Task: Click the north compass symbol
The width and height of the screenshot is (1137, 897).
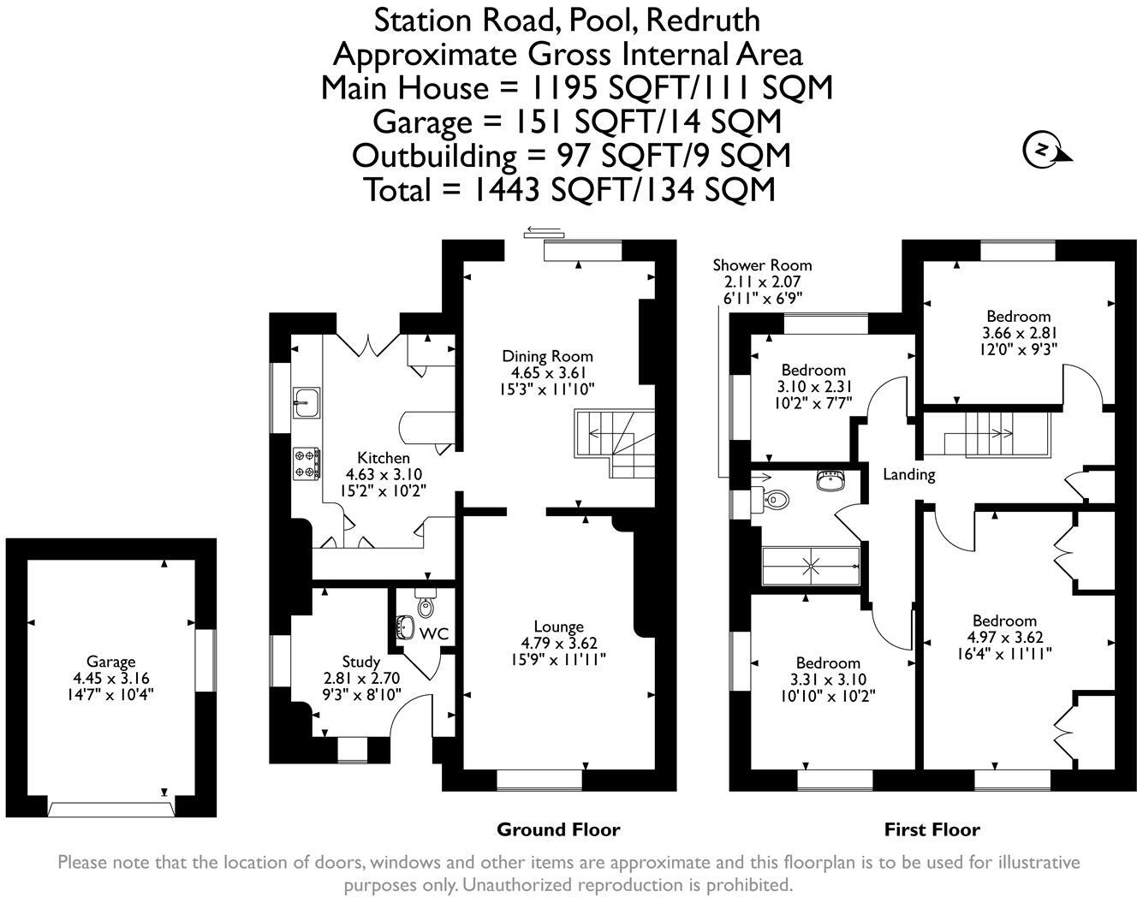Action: [x=1044, y=151]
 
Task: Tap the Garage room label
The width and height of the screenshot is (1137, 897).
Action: [x=110, y=661]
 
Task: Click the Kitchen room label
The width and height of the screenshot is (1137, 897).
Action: [x=383, y=458]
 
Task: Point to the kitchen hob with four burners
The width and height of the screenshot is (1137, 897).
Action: [x=306, y=463]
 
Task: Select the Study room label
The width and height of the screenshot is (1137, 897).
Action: [x=360, y=661]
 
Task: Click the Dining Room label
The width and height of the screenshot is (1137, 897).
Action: [x=547, y=356]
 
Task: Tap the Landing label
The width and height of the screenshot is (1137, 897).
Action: [x=908, y=474]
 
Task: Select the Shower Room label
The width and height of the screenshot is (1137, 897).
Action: [x=762, y=265]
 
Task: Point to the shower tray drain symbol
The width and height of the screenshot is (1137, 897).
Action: [x=809, y=565]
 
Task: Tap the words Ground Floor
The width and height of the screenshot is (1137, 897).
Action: [x=558, y=829]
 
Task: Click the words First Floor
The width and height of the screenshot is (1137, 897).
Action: [x=932, y=829]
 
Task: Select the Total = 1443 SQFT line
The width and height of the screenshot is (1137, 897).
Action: [x=569, y=189]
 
